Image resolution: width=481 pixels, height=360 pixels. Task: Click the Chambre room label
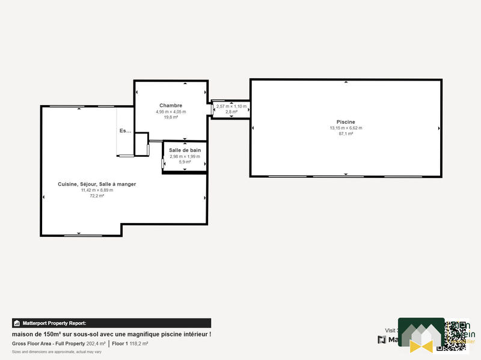click(x=171, y=106)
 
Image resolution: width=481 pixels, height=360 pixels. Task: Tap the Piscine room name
click(x=346, y=122)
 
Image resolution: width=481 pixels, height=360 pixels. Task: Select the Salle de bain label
click(x=185, y=150)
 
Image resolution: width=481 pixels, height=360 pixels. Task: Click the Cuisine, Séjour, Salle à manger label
click(x=97, y=184)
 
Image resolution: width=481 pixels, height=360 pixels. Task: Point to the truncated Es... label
click(x=125, y=130)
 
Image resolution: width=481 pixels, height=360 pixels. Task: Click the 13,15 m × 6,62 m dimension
click(x=346, y=128)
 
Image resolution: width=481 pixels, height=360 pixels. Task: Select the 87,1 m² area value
click(x=346, y=133)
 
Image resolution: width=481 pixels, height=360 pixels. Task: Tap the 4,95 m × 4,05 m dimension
click(x=171, y=112)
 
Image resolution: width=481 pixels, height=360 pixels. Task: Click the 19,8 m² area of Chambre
click(x=171, y=117)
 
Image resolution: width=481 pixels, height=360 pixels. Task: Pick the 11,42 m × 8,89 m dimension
click(x=97, y=190)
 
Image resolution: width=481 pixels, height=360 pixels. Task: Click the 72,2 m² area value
click(x=97, y=195)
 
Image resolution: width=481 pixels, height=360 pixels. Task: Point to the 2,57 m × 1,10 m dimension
click(x=231, y=107)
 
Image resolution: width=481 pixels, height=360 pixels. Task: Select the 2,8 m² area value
click(x=231, y=112)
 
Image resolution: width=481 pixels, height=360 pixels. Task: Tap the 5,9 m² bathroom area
click(x=185, y=162)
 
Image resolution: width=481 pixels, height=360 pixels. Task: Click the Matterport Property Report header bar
click(x=111, y=323)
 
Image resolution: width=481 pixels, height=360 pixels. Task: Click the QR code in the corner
click(x=456, y=335)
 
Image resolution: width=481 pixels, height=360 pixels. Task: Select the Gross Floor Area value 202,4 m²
click(x=96, y=344)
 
